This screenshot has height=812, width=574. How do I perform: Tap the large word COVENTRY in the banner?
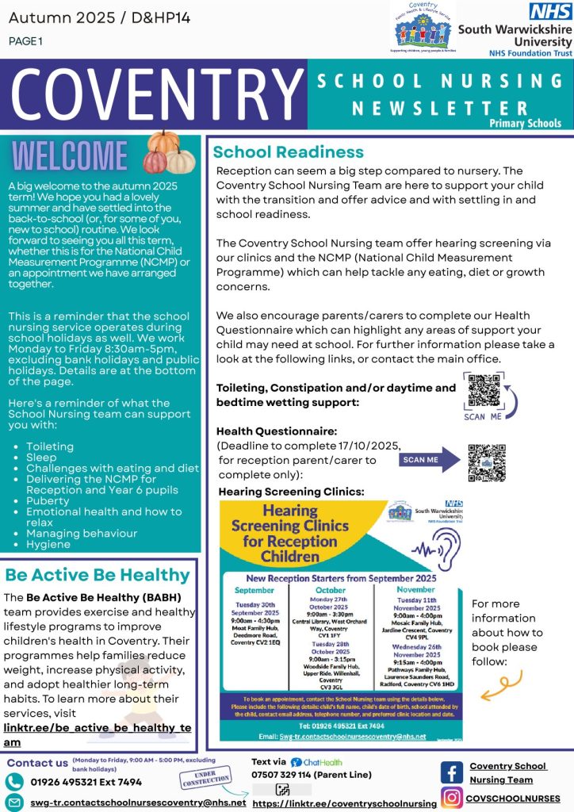[x=152, y=94]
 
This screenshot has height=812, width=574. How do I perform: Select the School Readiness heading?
[x=288, y=152]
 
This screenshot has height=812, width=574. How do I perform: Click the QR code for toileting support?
[x=484, y=389]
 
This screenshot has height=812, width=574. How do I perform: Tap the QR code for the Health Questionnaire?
[x=486, y=462]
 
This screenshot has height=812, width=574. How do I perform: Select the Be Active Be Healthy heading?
[x=98, y=575]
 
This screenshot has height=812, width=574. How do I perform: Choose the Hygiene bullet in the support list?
[x=49, y=545]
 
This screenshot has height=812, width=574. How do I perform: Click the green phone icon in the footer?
[x=16, y=781]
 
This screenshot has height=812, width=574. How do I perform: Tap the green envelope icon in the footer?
[x=16, y=802]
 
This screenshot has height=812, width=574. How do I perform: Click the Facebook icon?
[x=452, y=772]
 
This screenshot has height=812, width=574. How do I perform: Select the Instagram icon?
[x=452, y=798]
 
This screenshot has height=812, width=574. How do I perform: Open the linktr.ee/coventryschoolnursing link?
[x=344, y=803]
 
